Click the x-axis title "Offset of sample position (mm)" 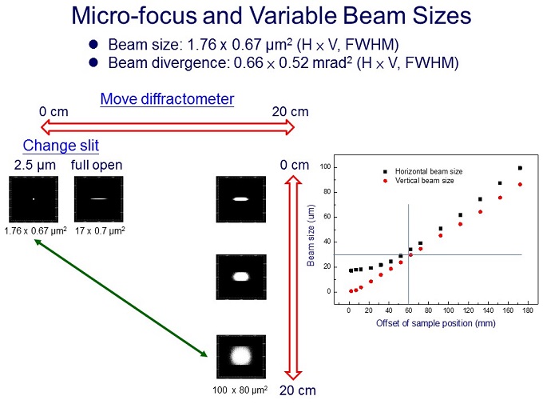tap(436, 322)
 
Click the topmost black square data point tap(520, 168)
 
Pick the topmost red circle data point tap(520, 185)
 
